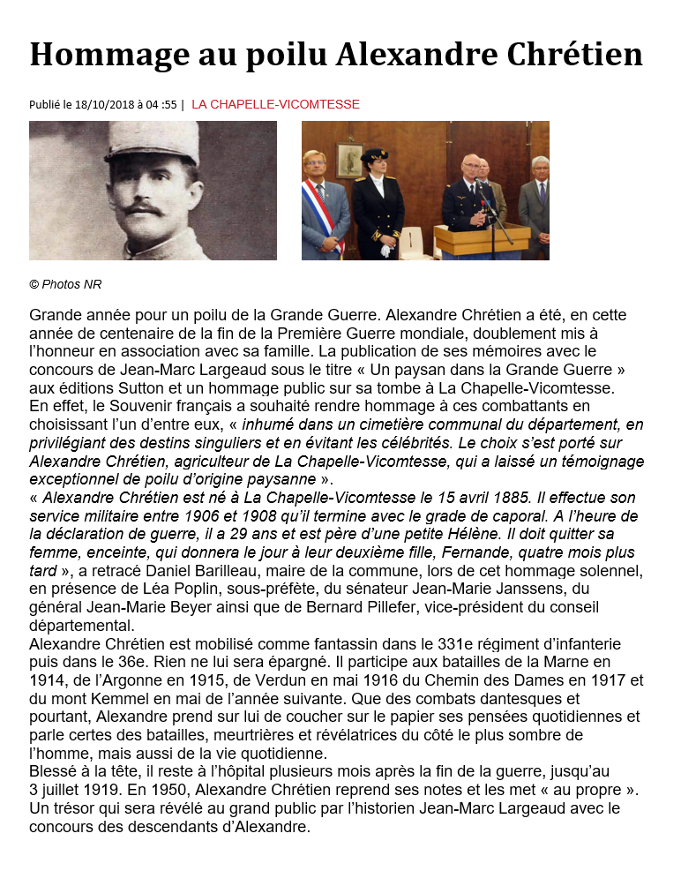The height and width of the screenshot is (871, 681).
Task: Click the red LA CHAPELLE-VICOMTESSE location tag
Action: click(x=275, y=104)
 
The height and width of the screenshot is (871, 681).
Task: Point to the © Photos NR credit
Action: click(x=65, y=284)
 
